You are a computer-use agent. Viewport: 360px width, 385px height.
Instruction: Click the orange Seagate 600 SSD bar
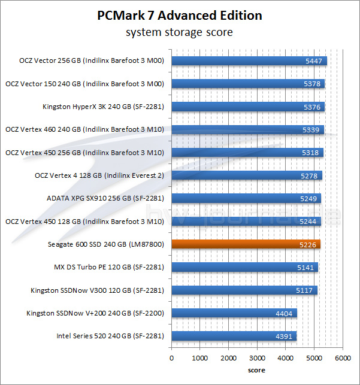[x=246, y=244]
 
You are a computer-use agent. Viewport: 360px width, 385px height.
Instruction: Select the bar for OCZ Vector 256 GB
[x=249, y=60]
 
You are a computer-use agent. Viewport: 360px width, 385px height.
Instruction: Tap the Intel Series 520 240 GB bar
[x=234, y=336]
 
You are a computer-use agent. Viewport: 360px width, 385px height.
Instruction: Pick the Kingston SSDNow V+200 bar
[x=234, y=313]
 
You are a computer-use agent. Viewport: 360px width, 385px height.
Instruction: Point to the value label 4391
[x=285, y=336]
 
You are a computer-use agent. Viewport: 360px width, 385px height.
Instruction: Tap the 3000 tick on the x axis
[x=257, y=358]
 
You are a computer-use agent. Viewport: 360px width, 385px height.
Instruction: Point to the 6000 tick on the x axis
[x=342, y=358]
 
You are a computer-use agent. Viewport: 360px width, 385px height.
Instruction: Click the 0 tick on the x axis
[x=172, y=358]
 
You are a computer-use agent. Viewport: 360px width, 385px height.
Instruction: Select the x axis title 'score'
[x=256, y=370]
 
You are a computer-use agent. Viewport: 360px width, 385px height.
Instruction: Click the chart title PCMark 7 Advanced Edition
[x=180, y=16]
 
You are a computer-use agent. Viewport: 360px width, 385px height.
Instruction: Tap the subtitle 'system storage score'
[x=180, y=32]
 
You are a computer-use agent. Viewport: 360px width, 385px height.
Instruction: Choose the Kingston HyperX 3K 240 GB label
[x=103, y=107]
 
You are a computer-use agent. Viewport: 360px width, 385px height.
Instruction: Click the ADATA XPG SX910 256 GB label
[x=105, y=198]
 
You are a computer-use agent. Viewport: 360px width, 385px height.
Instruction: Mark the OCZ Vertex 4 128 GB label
[x=100, y=175]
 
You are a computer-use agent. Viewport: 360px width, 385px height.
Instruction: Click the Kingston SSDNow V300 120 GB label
[x=97, y=290]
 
